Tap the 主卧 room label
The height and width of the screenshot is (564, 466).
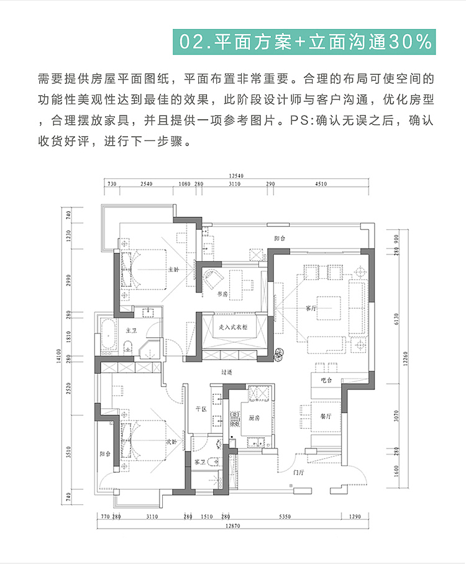coord(173,270)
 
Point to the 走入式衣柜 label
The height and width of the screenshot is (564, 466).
coord(232,325)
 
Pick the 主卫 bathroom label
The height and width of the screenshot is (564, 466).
coord(131,330)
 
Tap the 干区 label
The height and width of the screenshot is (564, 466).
coord(200,409)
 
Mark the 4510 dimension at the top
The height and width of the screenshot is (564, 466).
coord(321,184)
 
